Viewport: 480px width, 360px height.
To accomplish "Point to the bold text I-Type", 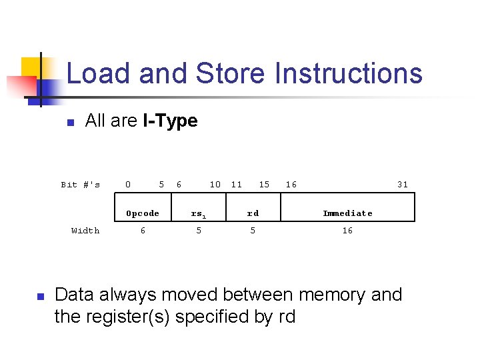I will click(170, 121).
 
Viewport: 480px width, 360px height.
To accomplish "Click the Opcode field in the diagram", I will click(143, 213).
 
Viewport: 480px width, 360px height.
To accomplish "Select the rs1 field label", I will click(198, 214).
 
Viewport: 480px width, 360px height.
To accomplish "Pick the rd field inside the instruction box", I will click(253, 213).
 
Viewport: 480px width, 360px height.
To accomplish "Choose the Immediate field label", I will click(347, 213).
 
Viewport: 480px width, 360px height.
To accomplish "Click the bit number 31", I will click(402, 185).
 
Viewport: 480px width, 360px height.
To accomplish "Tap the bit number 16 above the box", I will click(291, 185).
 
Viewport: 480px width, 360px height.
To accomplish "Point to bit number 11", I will click(237, 185).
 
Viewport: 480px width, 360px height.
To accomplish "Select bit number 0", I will click(128, 185).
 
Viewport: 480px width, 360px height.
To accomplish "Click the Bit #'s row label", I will click(81, 185).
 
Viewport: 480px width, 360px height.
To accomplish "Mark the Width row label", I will click(85, 231).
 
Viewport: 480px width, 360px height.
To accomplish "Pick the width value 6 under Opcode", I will click(143, 231).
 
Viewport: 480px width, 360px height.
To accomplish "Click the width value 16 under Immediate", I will click(347, 231).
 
